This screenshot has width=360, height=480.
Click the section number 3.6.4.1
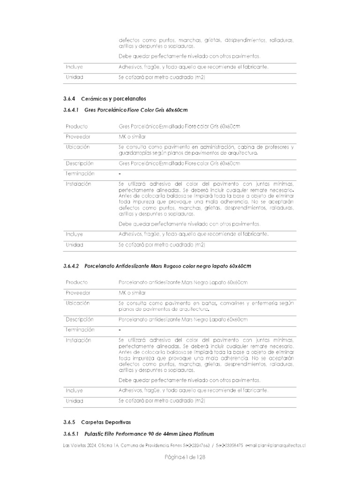72,110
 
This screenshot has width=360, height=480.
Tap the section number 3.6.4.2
72,266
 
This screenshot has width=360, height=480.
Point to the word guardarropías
135,153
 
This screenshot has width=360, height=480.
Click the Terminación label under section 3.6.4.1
80,173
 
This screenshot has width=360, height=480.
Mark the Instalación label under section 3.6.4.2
78,340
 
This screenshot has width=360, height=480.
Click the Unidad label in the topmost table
74,77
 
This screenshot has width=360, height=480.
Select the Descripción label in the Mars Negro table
80,319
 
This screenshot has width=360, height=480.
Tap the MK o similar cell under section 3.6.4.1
132,137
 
